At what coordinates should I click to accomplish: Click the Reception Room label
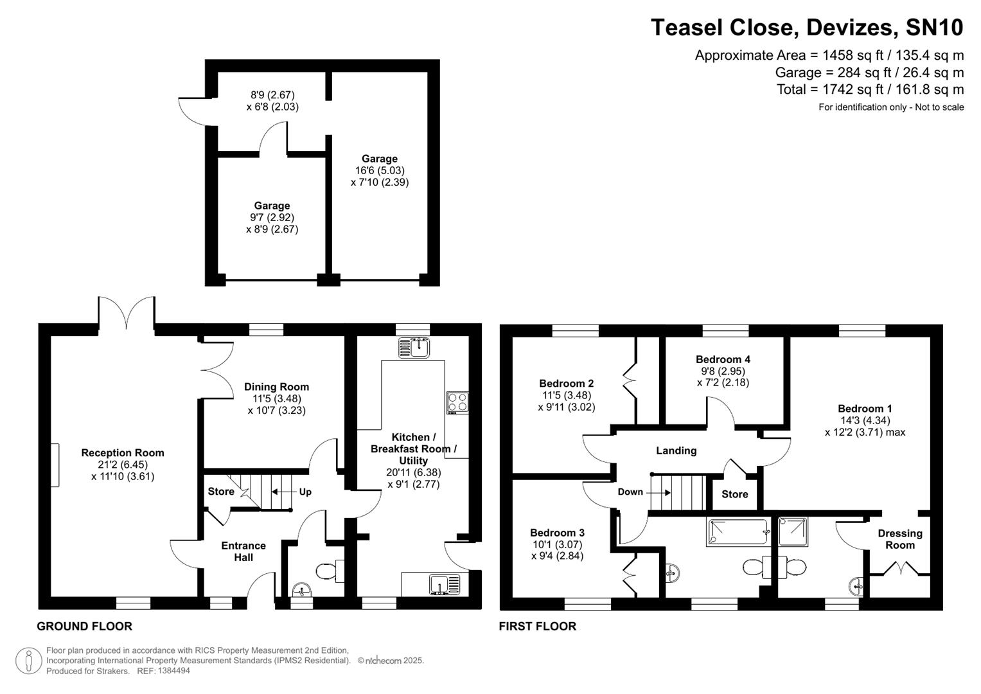(x=123, y=453)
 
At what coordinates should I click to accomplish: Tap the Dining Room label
(x=276, y=387)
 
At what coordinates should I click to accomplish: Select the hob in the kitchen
(x=457, y=403)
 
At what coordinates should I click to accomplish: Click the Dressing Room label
(x=899, y=539)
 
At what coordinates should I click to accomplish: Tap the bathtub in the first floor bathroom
(x=738, y=532)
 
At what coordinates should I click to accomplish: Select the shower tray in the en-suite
(x=792, y=531)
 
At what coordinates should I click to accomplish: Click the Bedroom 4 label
(x=723, y=359)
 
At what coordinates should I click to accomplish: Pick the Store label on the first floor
(x=734, y=494)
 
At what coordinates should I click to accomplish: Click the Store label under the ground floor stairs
(x=221, y=492)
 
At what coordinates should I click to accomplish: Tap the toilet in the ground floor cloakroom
(x=329, y=570)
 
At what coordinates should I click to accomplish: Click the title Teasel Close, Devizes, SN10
(x=807, y=28)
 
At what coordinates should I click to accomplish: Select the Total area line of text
(x=870, y=89)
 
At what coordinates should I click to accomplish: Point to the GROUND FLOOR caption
(x=84, y=626)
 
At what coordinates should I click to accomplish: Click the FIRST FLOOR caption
(x=537, y=626)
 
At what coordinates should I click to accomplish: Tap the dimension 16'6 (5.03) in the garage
(x=379, y=170)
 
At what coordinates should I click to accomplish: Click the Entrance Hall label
(x=243, y=551)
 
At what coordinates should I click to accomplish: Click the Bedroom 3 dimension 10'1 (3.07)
(x=557, y=544)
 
